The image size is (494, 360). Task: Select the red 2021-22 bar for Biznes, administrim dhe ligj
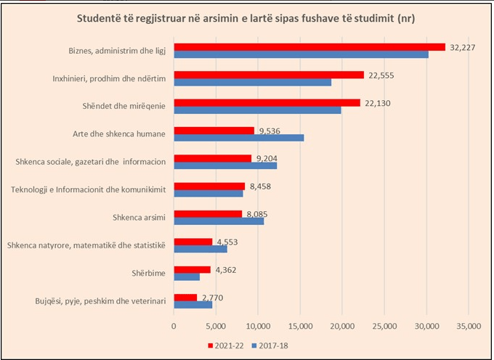coord(309,46)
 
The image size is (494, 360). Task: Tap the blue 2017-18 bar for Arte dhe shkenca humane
coord(238,137)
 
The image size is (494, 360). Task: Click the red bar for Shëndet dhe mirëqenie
coord(267,102)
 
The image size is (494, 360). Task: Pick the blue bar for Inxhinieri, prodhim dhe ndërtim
coord(252,82)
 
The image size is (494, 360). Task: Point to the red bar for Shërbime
coord(192,269)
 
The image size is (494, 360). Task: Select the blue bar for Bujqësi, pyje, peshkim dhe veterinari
coord(193,304)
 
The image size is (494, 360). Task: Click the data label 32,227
coord(465,47)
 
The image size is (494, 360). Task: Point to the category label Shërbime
coord(149,273)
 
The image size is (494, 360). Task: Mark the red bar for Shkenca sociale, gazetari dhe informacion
coord(212,158)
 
